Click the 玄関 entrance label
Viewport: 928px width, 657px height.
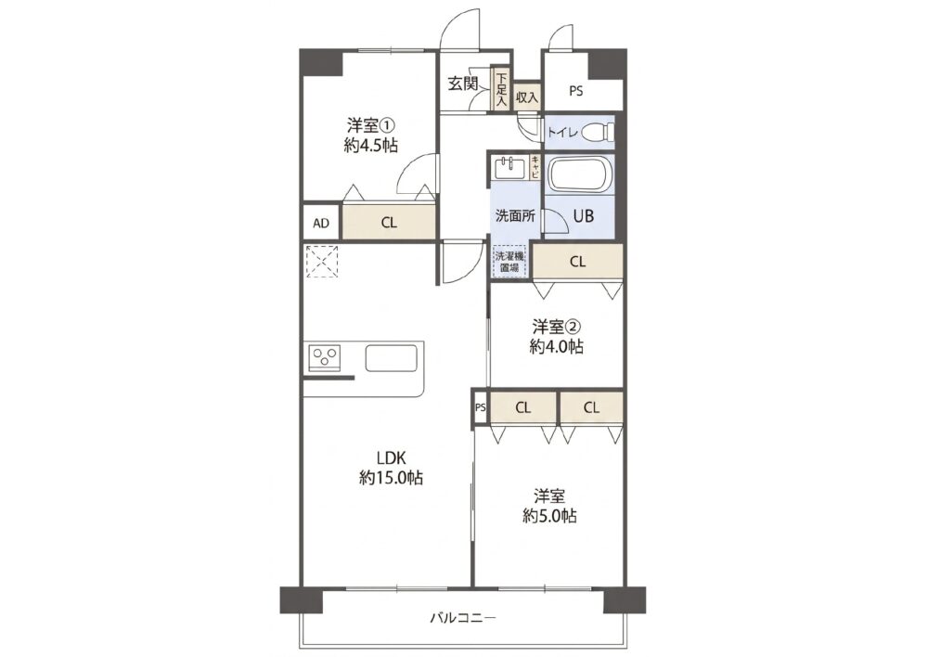click(x=462, y=84)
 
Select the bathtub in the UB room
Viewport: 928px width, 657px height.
click(x=579, y=174)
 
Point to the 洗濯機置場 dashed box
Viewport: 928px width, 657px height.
click(x=509, y=262)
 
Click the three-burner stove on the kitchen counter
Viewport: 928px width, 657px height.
click(x=325, y=357)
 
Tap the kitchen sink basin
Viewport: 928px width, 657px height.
click(x=391, y=357)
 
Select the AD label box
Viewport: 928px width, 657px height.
click(x=321, y=222)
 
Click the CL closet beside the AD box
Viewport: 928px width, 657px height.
click(x=389, y=222)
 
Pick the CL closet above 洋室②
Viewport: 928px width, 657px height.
click(x=577, y=261)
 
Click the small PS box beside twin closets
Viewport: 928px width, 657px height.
click(x=481, y=407)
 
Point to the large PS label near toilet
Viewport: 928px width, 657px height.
click(x=576, y=91)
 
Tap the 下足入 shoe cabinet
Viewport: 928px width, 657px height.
click(x=502, y=89)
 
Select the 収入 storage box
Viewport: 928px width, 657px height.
click(x=527, y=97)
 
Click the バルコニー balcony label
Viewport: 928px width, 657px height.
click(x=462, y=619)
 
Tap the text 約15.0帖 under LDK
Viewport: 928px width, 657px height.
click(x=391, y=478)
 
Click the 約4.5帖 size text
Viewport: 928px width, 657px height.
click(x=370, y=145)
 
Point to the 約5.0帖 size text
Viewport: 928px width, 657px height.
click(x=549, y=516)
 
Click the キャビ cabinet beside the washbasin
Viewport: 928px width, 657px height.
click(x=535, y=167)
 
